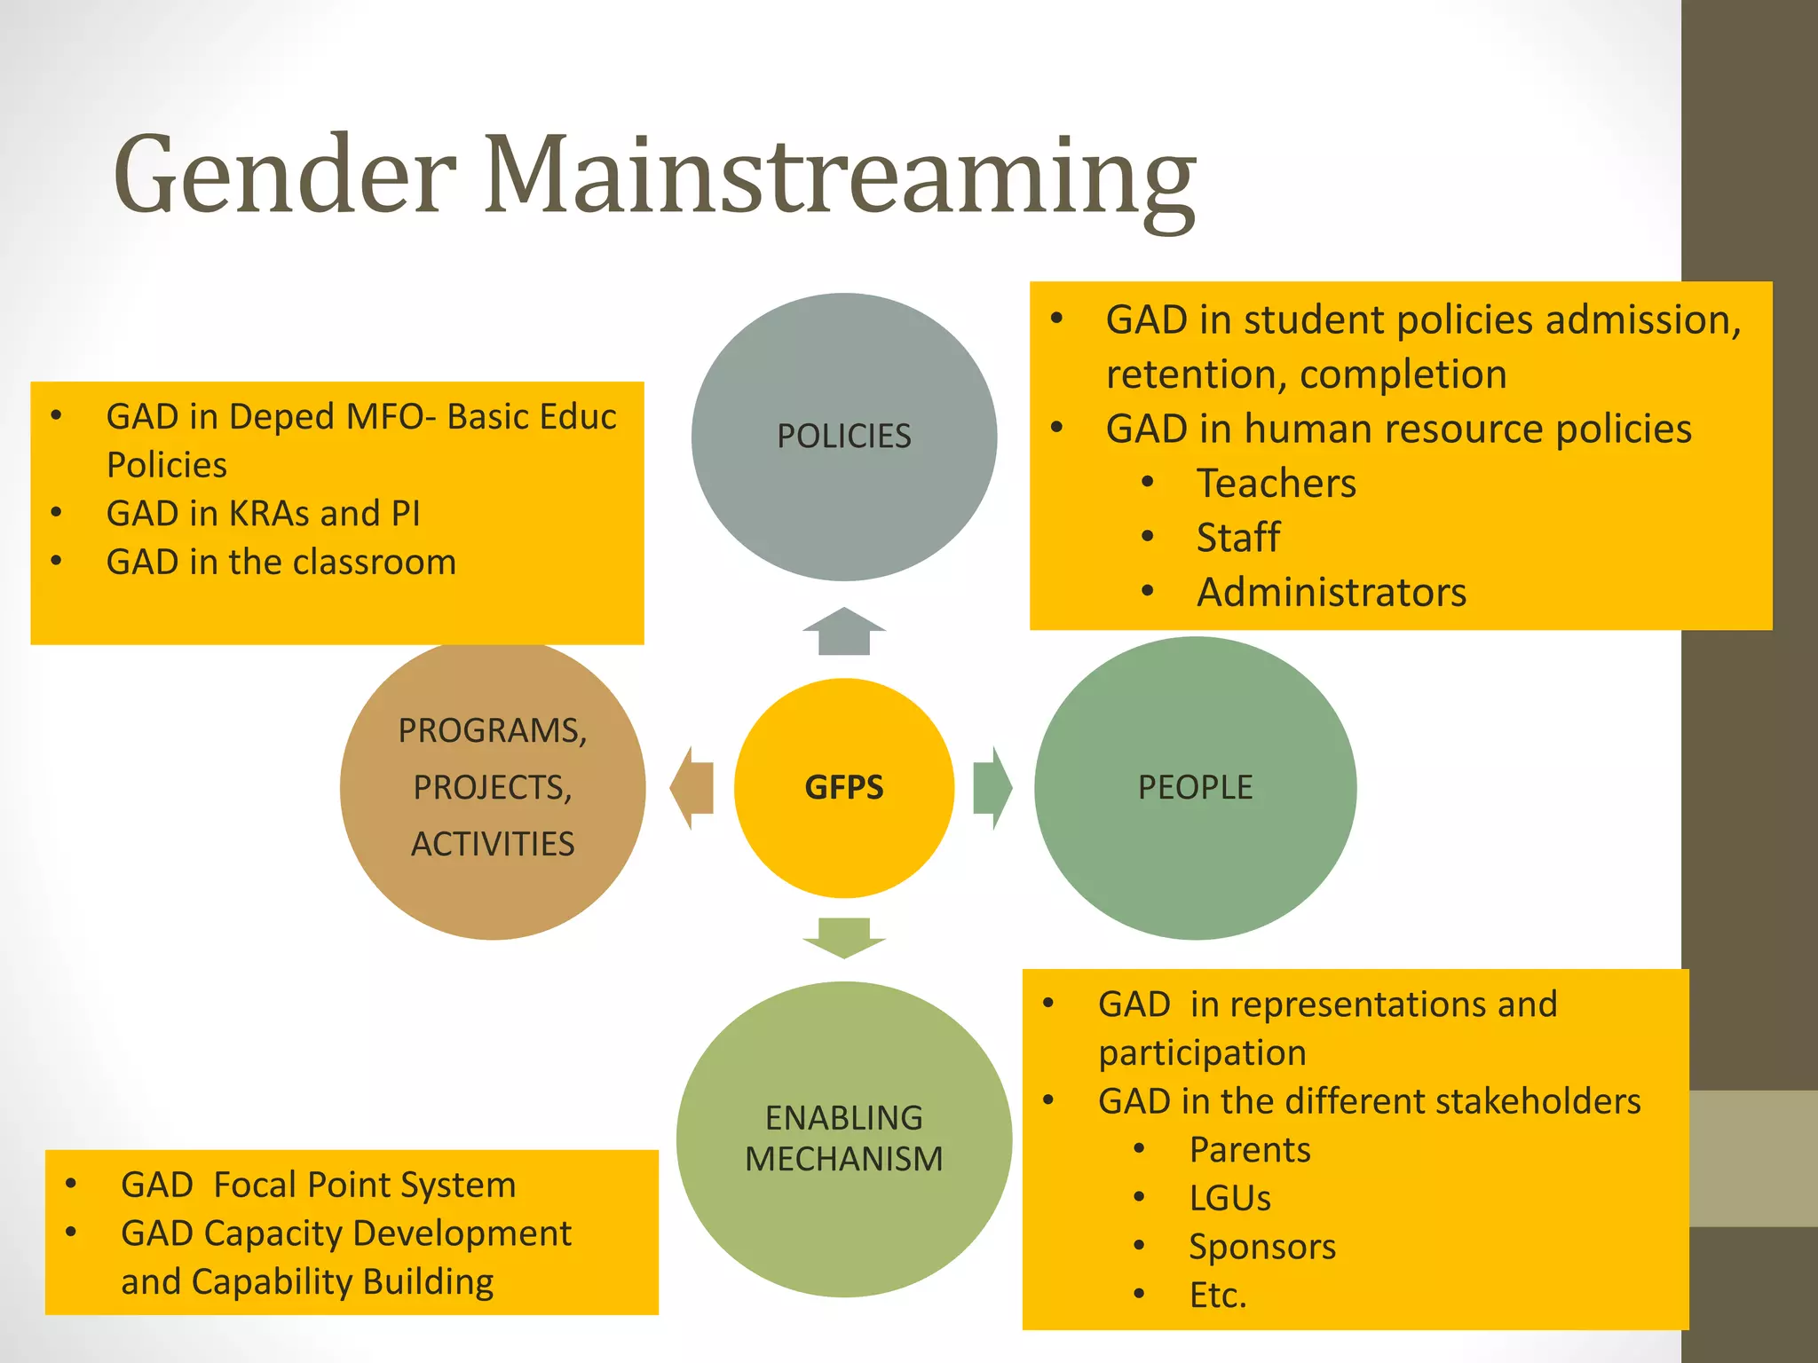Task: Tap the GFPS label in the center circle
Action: (843, 787)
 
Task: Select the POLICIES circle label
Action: (843, 436)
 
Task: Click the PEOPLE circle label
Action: (1195, 787)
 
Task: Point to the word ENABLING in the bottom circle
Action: (843, 1117)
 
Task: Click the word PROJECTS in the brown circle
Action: (492, 787)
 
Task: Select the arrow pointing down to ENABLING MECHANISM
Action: (843, 938)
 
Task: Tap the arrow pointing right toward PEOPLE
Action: (992, 787)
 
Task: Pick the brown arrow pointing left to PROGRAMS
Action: (692, 787)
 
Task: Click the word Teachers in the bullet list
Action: (1276, 484)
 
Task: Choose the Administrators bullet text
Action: (1331, 593)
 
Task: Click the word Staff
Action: (1237, 538)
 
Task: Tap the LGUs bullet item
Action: (1229, 1198)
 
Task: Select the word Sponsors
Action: (1261, 1247)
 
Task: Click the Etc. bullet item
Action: (1218, 1296)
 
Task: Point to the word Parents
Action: (1249, 1150)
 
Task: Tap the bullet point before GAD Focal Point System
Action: (71, 1184)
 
